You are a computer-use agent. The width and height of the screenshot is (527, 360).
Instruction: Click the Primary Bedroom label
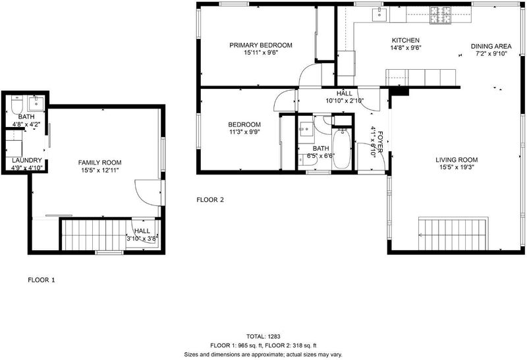[x=261, y=45]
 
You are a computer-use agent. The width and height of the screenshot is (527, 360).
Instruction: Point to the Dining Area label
[x=491, y=46]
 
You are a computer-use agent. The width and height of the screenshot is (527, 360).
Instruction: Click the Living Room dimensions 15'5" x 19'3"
[x=457, y=167]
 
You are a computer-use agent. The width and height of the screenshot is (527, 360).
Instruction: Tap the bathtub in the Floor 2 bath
[x=341, y=149]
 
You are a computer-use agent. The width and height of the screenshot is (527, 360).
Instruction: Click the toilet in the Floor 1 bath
[x=16, y=105]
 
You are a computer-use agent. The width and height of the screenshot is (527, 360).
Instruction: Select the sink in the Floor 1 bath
[x=36, y=103]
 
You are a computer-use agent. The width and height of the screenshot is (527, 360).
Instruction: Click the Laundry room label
[x=26, y=160]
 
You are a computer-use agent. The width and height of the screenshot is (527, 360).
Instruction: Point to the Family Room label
[x=100, y=163]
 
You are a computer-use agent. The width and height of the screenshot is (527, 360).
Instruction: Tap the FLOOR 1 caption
[x=41, y=280]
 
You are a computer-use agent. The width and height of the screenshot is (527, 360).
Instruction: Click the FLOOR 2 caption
[x=210, y=200]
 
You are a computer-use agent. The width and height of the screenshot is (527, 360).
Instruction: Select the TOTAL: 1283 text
[x=263, y=336]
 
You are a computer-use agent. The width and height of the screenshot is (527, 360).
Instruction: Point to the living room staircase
[x=453, y=234]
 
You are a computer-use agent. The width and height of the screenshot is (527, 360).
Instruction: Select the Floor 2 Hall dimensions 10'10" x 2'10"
[x=345, y=101]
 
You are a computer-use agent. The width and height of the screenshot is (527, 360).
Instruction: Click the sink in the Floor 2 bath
[x=306, y=130]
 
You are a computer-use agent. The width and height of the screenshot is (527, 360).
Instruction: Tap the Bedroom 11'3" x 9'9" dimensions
[x=244, y=132]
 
